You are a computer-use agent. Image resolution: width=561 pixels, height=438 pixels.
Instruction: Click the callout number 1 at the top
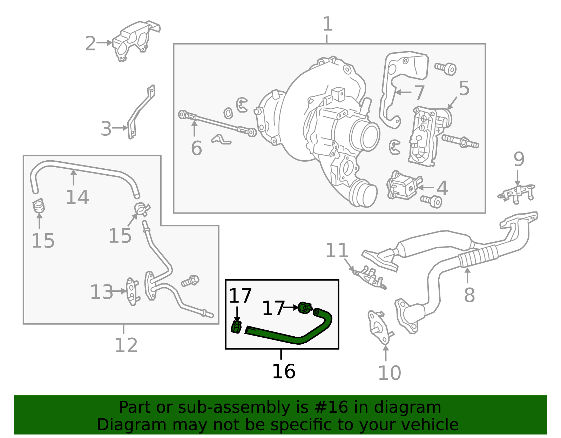click(327, 25)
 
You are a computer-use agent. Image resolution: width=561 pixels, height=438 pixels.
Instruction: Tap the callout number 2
click(90, 44)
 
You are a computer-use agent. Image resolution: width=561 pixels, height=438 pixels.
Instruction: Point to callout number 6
click(196, 148)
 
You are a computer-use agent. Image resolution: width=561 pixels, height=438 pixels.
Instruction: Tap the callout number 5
click(464, 88)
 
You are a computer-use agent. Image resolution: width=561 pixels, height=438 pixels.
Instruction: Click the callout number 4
click(442, 188)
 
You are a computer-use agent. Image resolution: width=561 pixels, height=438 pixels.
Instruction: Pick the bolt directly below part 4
click(432, 201)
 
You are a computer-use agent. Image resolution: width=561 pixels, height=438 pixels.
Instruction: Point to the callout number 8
click(469, 295)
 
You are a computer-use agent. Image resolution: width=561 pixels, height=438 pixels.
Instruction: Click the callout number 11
click(337, 250)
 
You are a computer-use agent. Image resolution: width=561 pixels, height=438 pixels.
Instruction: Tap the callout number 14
click(77, 197)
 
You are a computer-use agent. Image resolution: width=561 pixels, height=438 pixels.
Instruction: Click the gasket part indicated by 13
click(132, 292)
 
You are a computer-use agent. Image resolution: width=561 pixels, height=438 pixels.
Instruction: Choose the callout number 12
click(126, 345)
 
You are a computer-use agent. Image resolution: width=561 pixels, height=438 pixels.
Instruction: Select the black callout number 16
click(284, 371)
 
